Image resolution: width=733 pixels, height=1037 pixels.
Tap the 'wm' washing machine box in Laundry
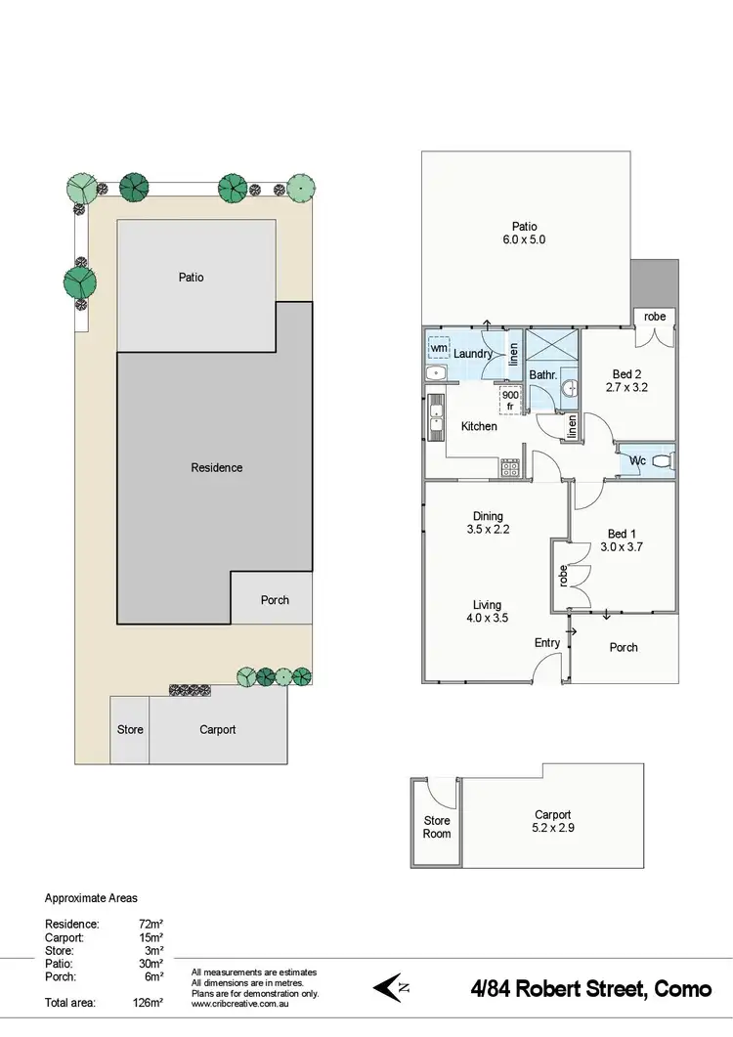(x=438, y=348)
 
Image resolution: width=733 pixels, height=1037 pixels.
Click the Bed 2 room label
(x=627, y=374)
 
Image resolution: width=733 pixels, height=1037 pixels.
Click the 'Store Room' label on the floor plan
(x=437, y=827)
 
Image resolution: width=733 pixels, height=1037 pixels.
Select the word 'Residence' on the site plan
(x=216, y=468)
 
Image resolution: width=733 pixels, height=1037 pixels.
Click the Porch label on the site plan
(x=275, y=600)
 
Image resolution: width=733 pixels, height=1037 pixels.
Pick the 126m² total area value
(x=148, y=1002)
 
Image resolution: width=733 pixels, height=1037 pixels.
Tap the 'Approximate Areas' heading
(x=91, y=898)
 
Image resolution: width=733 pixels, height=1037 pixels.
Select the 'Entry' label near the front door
(x=547, y=642)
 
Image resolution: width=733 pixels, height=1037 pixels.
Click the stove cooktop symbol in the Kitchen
(x=510, y=468)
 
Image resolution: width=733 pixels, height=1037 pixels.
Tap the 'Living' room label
(x=487, y=605)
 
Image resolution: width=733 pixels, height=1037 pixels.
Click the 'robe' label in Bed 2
(x=655, y=317)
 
